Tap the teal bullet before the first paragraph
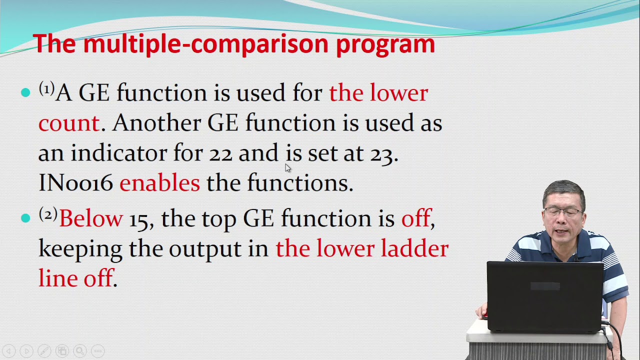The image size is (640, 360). point(25,93)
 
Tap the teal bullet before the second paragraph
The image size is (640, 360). point(25,218)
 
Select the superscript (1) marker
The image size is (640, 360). point(46,89)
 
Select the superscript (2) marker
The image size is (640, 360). point(47,214)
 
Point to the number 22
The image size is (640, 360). point(220,154)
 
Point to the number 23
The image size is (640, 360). point(381,154)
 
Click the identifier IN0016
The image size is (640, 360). point(76,183)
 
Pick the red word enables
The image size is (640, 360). point(159,183)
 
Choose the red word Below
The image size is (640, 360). point(90,219)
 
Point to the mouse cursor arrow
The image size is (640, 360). point(287,168)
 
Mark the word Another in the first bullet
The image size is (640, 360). point(156,123)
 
